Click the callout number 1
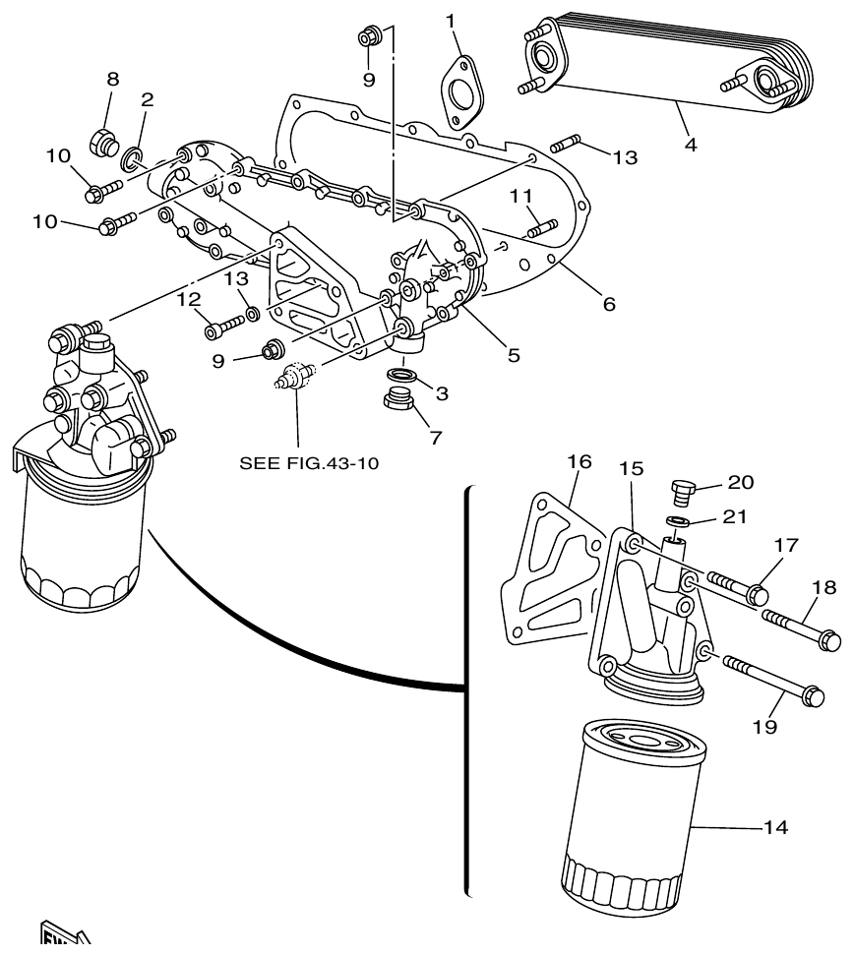pyautogui.click(x=451, y=21)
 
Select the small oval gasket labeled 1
pyautogui.click(x=458, y=93)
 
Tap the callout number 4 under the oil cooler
pyautogui.click(x=691, y=145)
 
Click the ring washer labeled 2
pyautogui.click(x=133, y=156)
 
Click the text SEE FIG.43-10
pyautogui.click(x=310, y=462)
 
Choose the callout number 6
pyautogui.click(x=609, y=305)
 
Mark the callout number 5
pyautogui.click(x=514, y=355)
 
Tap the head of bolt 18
pyautogui.click(x=828, y=640)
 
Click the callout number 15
pyautogui.click(x=632, y=469)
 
